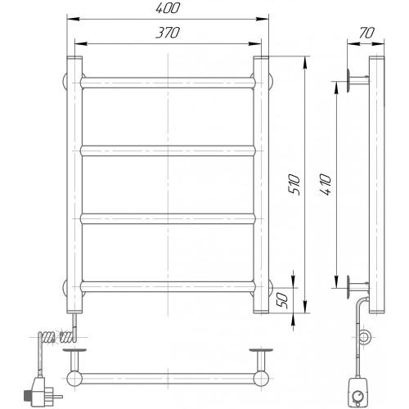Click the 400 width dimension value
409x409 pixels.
(168, 8)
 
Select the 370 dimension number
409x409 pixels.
(168, 33)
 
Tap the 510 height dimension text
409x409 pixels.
(294, 184)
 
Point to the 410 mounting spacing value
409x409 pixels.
(326, 184)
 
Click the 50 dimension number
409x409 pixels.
(282, 301)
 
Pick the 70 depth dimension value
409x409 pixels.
(366, 33)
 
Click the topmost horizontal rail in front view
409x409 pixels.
(168, 83)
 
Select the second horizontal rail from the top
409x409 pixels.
(168, 151)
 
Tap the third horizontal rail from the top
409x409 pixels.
(168, 219)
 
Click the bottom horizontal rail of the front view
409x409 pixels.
(168, 287)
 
